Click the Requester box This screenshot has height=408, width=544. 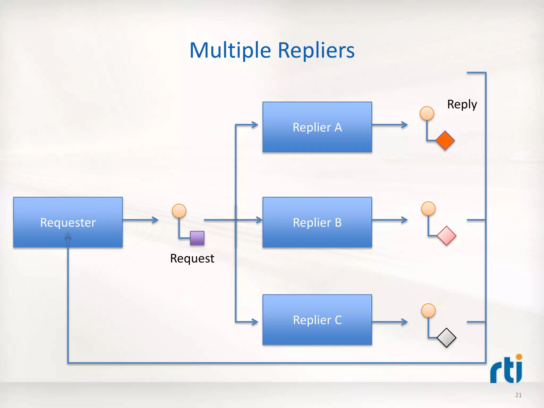coord(68,222)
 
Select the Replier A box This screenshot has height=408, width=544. coord(317,127)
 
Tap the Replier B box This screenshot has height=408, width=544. coord(317,222)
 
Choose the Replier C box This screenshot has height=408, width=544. coord(317,320)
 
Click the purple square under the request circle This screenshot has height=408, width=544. coord(197,238)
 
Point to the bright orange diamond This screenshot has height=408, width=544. coord(445,141)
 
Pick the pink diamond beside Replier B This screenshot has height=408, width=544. coord(447,236)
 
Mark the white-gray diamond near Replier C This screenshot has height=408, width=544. coord(447,338)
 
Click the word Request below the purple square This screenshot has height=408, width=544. coord(192,258)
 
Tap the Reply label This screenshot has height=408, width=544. coord(462,104)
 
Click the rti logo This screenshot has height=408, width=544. coord(506,369)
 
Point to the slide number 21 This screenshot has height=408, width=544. coord(518,395)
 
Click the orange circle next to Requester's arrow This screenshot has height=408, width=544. coord(179,211)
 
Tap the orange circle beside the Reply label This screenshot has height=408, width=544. coord(427,113)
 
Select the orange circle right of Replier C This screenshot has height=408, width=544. coord(428,311)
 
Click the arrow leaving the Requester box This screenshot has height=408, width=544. coord(141,220)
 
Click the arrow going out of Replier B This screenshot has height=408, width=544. coord(390,220)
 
